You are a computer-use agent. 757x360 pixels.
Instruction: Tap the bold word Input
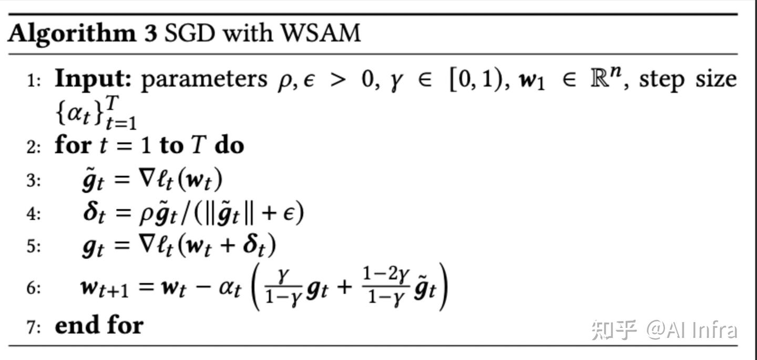tap(93, 79)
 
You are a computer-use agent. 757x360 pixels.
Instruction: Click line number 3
tap(33, 181)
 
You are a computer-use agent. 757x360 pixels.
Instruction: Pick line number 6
tap(33, 289)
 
